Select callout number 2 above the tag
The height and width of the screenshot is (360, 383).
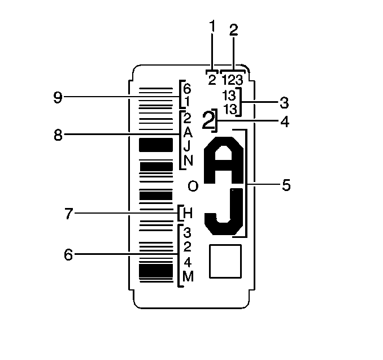pyautogui.click(x=233, y=30)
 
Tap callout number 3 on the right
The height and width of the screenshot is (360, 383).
pyautogui.click(x=284, y=103)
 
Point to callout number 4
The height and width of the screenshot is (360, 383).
pyautogui.click(x=285, y=122)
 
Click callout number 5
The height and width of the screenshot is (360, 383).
pyautogui.click(x=286, y=185)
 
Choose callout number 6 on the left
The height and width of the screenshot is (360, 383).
pyautogui.click(x=68, y=255)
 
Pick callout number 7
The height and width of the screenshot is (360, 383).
pyautogui.click(x=69, y=214)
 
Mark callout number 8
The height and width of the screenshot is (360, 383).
pyautogui.click(x=58, y=135)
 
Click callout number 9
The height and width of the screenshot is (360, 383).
pyautogui.click(x=58, y=97)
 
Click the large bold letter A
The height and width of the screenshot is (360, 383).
pyautogui.click(x=224, y=160)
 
